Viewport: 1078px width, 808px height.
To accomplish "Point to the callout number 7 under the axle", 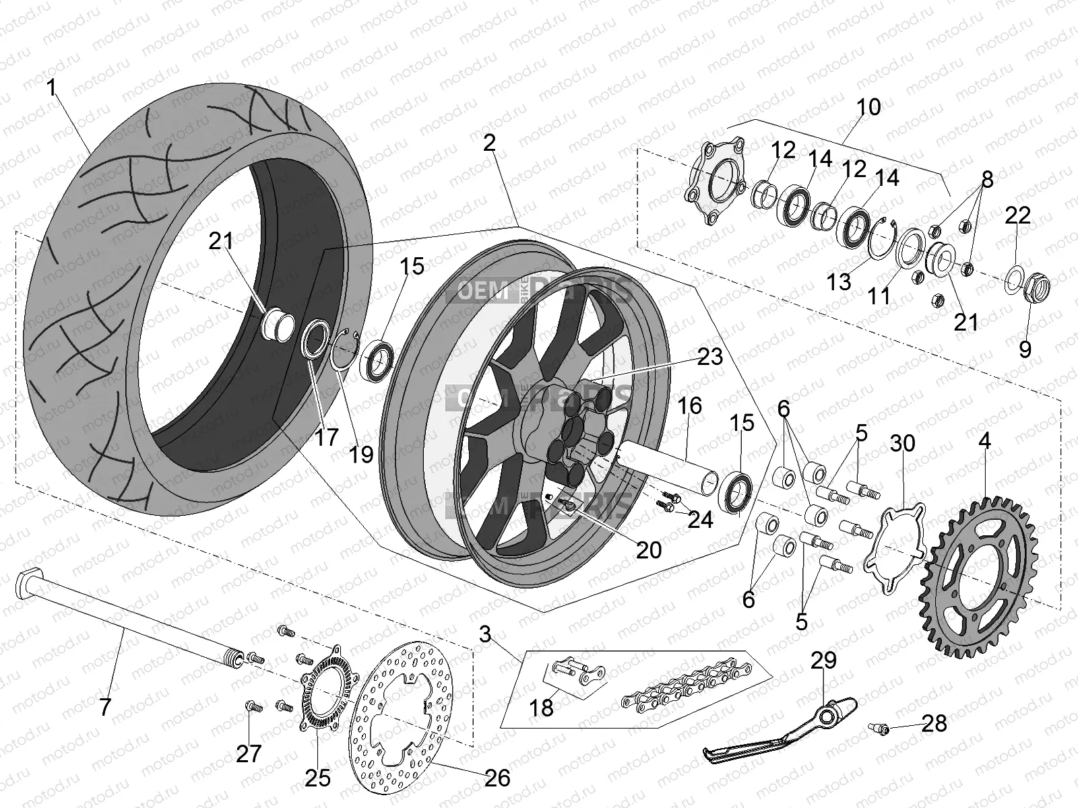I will click(x=105, y=708).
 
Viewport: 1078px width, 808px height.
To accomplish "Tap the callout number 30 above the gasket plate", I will click(x=902, y=443).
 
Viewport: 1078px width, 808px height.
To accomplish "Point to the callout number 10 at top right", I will click(x=868, y=107).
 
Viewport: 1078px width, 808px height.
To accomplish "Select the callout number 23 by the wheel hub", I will click(x=709, y=357).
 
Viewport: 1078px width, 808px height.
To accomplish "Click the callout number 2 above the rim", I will click(x=489, y=142).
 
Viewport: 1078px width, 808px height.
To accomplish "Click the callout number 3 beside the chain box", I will click(x=485, y=634).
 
